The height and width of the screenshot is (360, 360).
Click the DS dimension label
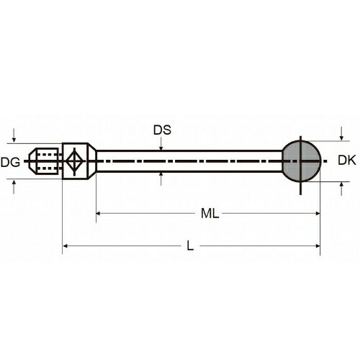(x=162, y=130)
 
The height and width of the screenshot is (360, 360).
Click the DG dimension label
(x=10, y=163)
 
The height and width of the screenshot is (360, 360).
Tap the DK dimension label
(x=347, y=161)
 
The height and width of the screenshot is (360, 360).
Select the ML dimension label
(x=210, y=213)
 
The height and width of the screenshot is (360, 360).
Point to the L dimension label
(x=190, y=246)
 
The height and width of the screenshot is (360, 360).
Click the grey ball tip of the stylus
(x=301, y=161)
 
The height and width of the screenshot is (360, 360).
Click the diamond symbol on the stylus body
(x=75, y=161)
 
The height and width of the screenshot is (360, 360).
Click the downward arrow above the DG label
(x=14, y=135)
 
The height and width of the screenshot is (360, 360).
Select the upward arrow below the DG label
(x=14, y=187)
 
